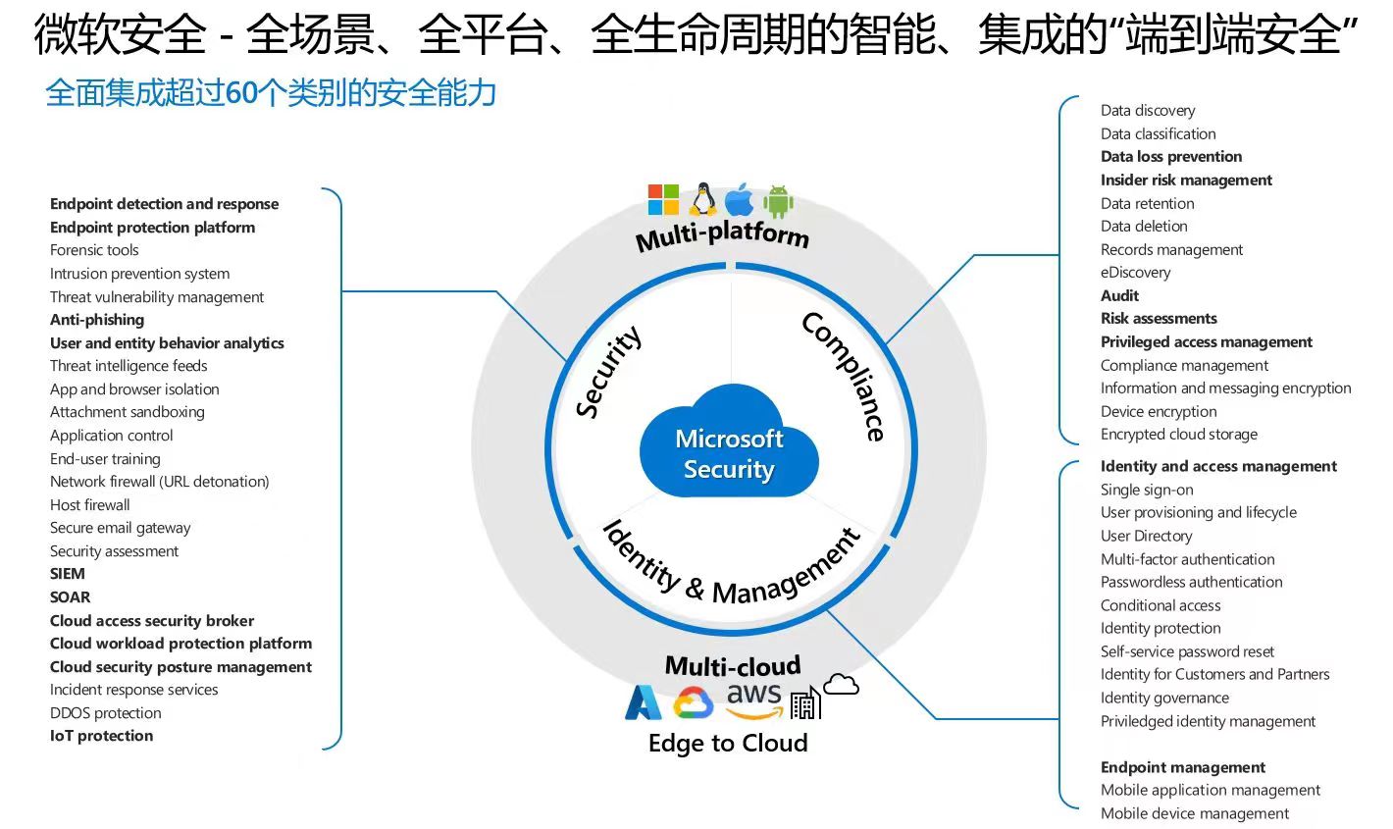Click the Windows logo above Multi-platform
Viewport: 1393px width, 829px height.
pyautogui.click(x=663, y=199)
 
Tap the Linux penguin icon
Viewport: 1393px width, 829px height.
pyautogui.click(x=701, y=199)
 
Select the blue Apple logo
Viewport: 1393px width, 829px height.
pyautogui.click(x=740, y=200)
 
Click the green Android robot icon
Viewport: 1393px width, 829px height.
pyautogui.click(x=778, y=200)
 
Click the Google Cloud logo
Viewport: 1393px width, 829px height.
pyautogui.click(x=694, y=702)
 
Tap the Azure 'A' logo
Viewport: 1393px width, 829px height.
pyautogui.click(x=644, y=702)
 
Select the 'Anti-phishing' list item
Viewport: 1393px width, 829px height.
pyautogui.click(x=97, y=320)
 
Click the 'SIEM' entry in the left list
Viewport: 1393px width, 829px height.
pyautogui.click(x=68, y=574)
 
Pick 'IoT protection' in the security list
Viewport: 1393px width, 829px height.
pyautogui.click(x=101, y=736)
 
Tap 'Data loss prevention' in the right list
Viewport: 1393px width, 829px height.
pyautogui.click(x=1171, y=157)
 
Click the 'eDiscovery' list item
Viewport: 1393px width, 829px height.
pyautogui.click(x=1135, y=273)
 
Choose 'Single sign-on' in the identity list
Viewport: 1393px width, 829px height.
pyautogui.click(x=1147, y=490)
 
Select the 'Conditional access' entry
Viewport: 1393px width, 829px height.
pyautogui.click(x=1161, y=605)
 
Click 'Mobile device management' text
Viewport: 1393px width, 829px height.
pyautogui.click(x=1195, y=813)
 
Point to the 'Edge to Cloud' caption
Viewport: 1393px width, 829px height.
pyautogui.click(x=728, y=743)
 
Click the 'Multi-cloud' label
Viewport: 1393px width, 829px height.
pyautogui.click(x=733, y=666)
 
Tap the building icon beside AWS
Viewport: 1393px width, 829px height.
pyautogui.click(x=804, y=702)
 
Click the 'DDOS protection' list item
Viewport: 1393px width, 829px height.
pyautogui.click(x=106, y=713)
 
